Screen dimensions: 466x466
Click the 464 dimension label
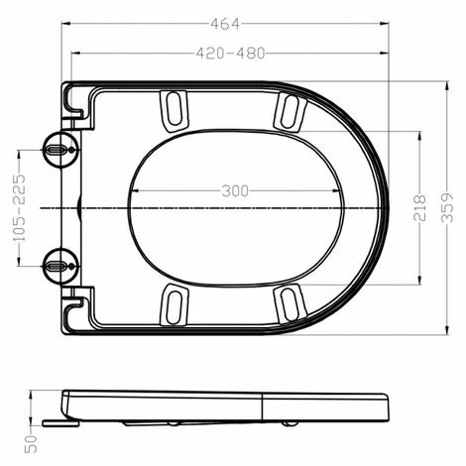point(225,24)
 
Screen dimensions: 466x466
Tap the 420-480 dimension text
point(231,54)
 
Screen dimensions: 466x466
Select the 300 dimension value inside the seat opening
point(235,191)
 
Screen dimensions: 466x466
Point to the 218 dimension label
point(419,207)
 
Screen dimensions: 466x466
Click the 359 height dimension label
point(447,207)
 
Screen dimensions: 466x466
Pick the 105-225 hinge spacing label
point(19,208)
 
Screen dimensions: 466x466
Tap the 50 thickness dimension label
point(31,443)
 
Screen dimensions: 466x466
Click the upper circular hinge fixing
point(61,150)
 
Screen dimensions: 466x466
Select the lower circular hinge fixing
point(61,266)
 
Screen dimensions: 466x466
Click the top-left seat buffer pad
point(175,110)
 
